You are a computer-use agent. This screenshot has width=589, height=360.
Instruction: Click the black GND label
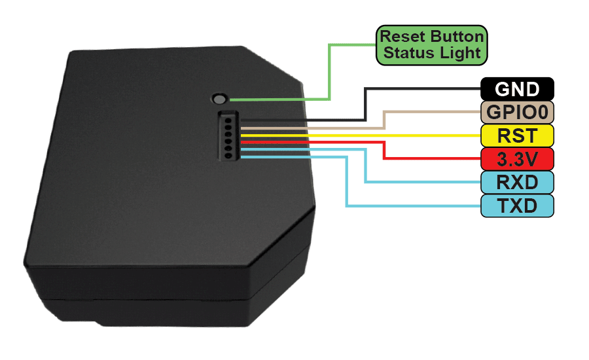click(517, 88)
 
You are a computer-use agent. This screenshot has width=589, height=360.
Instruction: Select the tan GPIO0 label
click(517, 112)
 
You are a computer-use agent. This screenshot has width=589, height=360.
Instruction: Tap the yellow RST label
click(517, 135)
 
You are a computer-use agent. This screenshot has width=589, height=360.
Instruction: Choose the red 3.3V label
click(517, 159)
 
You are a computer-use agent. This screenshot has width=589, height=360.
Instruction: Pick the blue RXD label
click(517, 182)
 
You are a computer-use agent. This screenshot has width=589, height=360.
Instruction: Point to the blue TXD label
click(517, 206)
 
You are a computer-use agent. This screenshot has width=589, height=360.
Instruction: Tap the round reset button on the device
click(219, 99)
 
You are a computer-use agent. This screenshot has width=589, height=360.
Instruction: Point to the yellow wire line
click(360, 135)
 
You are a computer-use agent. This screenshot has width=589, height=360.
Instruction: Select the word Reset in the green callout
click(399, 37)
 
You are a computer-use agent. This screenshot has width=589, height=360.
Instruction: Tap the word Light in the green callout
click(461, 54)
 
